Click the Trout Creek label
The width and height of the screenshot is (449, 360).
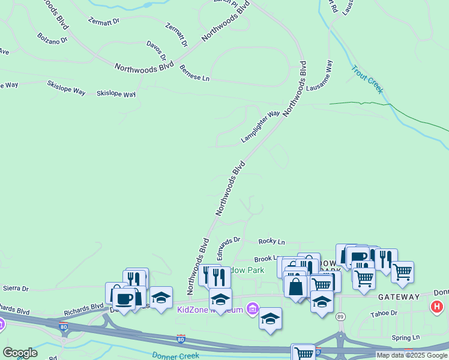(367, 79)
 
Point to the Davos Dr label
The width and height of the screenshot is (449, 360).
(156, 50)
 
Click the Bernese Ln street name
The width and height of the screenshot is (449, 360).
(194, 74)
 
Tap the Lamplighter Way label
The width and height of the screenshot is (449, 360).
(261, 127)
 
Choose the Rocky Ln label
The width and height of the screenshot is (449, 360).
(271, 241)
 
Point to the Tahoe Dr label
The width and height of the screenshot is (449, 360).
(384, 313)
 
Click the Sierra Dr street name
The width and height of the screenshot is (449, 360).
(16, 289)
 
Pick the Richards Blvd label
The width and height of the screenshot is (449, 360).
(83, 308)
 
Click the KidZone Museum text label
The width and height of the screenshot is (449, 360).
(210, 310)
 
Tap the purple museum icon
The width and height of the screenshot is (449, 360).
(252, 309)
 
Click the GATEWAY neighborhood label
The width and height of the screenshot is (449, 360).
(398, 297)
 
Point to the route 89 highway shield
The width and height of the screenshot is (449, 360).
(340, 316)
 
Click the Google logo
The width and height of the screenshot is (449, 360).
(19, 353)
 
